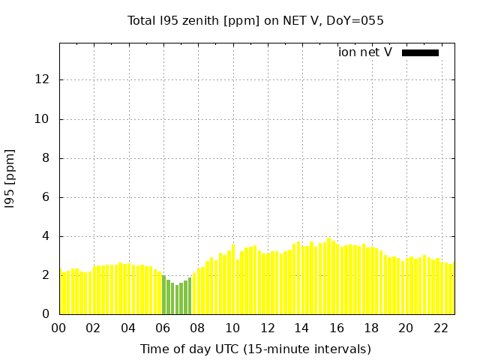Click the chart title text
(x=255, y=21)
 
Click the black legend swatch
(x=420, y=52)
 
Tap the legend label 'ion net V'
(x=365, y=52)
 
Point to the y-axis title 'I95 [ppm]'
(x=10, y=178)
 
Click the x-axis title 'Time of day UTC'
(x=255, y=349)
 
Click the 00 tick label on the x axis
(x=59, y=328)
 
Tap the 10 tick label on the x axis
(x=232, y=328)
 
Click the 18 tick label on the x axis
(x=371, y=328)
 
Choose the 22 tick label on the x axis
(x=441, y=328)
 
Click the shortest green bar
(x=177, y=300)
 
